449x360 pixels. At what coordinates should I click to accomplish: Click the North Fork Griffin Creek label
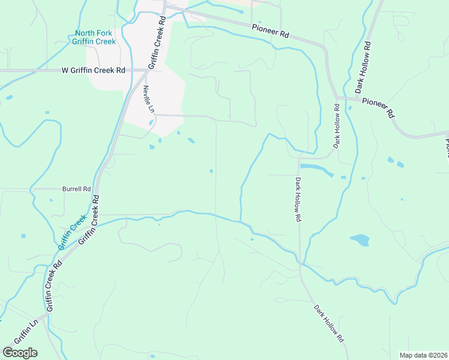pyautogui.click(x=94, y=37)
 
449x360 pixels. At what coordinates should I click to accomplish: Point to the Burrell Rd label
pyautogui.click(x=76, y=188)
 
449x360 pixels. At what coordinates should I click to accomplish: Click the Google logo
pyautogui.click(x=20, y=353)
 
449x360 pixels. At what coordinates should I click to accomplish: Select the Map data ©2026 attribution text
pyautogui.click(x=424, y=355)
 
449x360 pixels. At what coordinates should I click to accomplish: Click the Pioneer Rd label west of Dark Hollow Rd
pyautogui.click(x=270, y=31)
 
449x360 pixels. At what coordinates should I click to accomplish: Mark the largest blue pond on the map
pyautogui.click(x=360, y=240)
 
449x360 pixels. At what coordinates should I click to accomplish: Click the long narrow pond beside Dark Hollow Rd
pyautogui.click(x=316, y=169)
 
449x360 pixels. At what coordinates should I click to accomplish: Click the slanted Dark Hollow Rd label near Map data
pyautogui.click(x=329, y=323)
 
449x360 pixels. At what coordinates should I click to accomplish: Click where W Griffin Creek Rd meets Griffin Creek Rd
pyautogui.click(x=146, y=70)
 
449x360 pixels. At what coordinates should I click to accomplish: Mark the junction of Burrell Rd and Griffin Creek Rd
pyautogui.click(x=96, y=189)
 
